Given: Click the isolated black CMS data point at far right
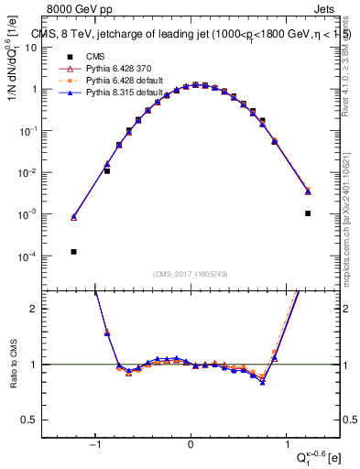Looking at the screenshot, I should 308,213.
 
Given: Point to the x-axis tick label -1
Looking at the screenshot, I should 95,446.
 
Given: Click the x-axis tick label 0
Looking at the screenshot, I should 191,446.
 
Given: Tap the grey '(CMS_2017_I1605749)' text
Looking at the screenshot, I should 191,274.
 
